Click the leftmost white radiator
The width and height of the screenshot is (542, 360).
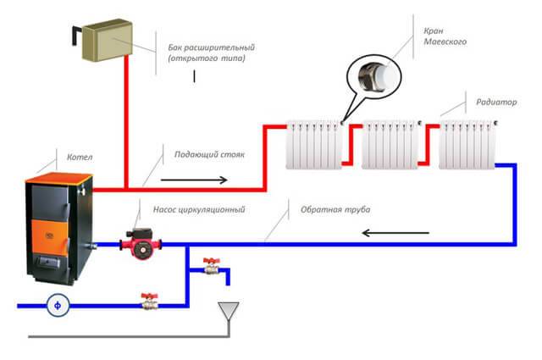314,142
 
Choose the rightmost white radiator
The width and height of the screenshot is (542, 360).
467,142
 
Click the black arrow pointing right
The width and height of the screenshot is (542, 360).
194,180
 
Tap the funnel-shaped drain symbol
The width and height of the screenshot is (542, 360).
226,313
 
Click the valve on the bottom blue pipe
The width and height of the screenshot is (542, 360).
151,300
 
